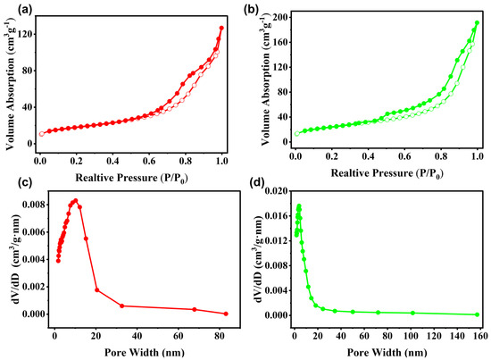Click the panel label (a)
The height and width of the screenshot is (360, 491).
(x=25, y=10)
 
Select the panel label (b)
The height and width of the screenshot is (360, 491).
(x=251, y=10)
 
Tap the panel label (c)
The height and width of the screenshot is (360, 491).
(x=25, y=182)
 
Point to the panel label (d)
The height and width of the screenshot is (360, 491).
(x=258, y=182)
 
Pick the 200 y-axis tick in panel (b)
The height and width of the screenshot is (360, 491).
(x=281, y=17)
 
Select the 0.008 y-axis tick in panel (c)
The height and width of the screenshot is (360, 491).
(x=34, y=205)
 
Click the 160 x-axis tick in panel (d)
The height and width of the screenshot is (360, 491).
(x=479, y=336)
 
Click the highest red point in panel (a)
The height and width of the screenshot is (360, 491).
(x=221, y=29)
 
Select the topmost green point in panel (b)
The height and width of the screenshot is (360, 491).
(x=478, y=23)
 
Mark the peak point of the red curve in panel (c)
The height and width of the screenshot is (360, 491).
(x=76, y=200)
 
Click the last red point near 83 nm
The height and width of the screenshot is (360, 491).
(x=226, y=314)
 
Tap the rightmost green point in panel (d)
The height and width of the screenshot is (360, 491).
(x=478, y=314)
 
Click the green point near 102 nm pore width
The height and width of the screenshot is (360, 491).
(x=412, y=313)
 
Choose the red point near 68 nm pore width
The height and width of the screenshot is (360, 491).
(x=195, y=309)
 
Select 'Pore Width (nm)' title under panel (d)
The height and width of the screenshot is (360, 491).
(x=387, y=353)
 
